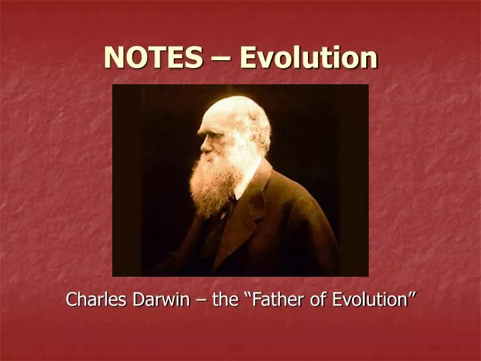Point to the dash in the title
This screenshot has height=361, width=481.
221,59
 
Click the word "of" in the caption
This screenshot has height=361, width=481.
317,300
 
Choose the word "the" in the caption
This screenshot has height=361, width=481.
224,300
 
